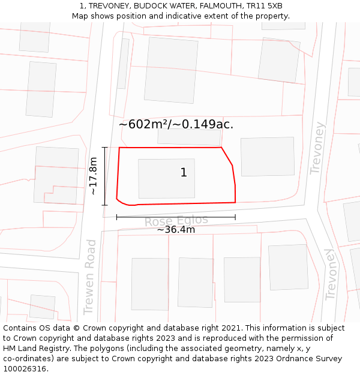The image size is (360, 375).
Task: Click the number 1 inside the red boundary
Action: pos(184,173)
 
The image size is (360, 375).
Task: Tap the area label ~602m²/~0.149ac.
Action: pos(176,124)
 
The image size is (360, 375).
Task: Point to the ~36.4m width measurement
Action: pos(176,229)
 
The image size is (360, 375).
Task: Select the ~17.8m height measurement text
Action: pos(93,176)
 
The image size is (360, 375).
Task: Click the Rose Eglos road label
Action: pos(176,221)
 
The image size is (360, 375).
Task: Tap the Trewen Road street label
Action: pos(90,277)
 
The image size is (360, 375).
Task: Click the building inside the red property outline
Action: pos(166,178)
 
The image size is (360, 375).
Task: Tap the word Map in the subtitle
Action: pos(81,16)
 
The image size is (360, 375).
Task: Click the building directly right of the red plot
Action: pos(268,157)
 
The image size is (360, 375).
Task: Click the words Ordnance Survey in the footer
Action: pos(313,359)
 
